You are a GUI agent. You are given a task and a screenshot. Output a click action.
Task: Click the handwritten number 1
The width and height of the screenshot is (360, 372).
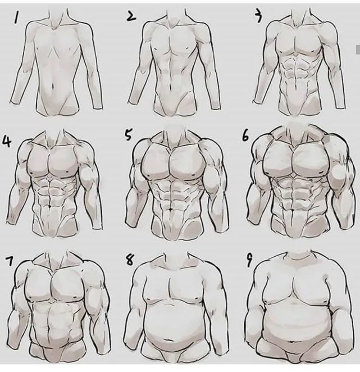(16, 18)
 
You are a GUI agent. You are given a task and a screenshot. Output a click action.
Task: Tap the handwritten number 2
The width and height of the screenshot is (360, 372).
(131, 16)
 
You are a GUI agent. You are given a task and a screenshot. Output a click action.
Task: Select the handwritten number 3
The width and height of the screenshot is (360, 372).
(258, 16)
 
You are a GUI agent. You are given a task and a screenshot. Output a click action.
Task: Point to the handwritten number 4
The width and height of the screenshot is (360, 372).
(7, 141)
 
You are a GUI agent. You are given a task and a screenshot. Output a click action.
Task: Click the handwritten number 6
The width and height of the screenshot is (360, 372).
(246, 136)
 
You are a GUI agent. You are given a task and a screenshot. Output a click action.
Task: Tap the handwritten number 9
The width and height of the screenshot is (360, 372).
(249, 261)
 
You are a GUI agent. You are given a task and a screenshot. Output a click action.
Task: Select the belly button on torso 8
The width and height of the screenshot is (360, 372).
(170, 341)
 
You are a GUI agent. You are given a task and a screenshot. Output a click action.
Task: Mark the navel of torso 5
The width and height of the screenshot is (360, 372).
(171, 209)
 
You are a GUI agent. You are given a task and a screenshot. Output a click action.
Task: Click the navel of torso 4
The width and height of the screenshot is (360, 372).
(49, 207)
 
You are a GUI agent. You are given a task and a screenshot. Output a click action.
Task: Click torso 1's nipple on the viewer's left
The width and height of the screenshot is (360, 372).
(38, 49)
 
